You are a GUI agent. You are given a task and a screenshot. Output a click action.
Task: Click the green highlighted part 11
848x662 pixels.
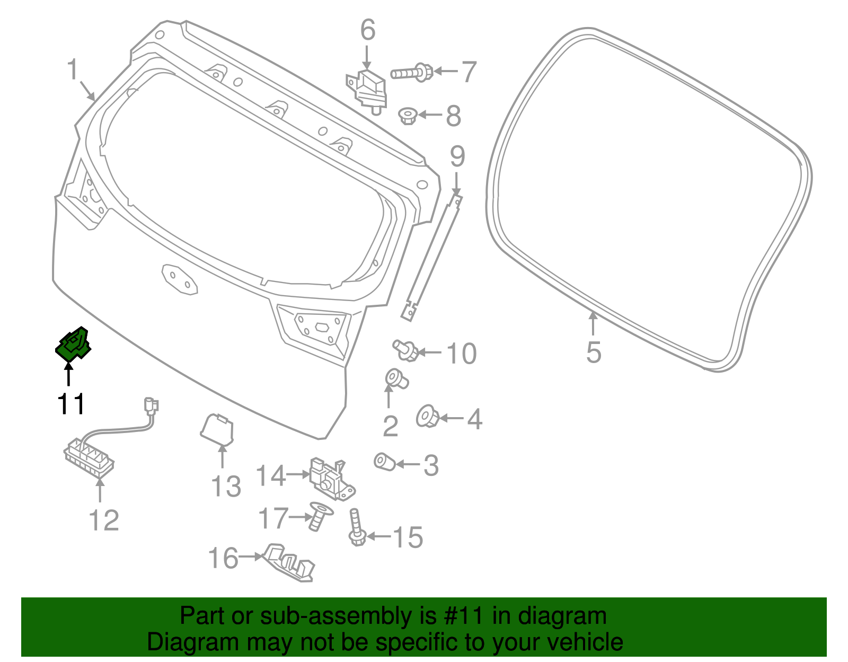(73, 345)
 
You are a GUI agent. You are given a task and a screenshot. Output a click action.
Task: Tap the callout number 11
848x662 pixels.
(71, 404)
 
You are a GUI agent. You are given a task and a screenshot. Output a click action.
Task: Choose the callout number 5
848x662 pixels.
(594, 352)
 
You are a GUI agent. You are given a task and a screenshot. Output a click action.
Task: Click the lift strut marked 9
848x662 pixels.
(432, 254)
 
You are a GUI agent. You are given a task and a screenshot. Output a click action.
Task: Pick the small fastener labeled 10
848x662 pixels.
(406, 350)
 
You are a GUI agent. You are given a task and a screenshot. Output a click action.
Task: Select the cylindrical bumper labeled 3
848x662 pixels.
(384, 462)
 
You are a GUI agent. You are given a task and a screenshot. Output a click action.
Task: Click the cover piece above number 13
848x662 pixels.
(217, 428)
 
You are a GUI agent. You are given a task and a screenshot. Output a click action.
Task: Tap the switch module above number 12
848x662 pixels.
(89, 457)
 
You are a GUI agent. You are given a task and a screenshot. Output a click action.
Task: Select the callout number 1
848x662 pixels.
(73, 70)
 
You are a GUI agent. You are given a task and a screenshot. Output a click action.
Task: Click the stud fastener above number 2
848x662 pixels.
(396, 378)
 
